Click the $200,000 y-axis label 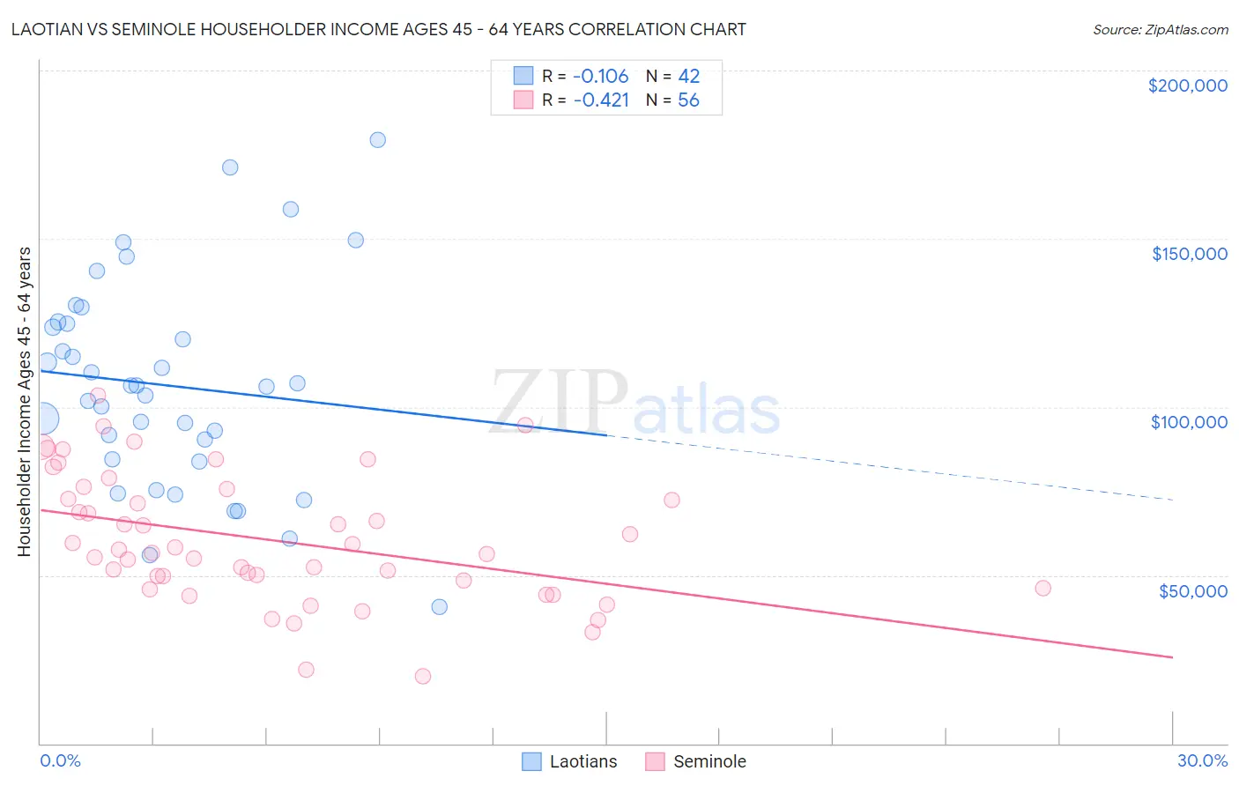pyautogui.click(x=1187, y=85)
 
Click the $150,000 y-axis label pyautogui.click(x=1189, y=254)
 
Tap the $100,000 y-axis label pyautogui.click(x=1189, y=422)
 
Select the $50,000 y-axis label pyautogui.click(x=1192, y=590)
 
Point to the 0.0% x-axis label pyautogui.click(x=60, y=760)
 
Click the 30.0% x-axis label pyautogui.click(x=1202, y=760)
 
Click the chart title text pyautogui.click(x=378, y=29)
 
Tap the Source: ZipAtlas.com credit pyautogui.click(x=1160, y=29)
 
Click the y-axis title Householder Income pyautogui.click(x=24, y=401)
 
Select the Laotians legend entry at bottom pyautogui.click(x=569, y=761)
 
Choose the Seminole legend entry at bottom pyautogui.click(x=695, y=761)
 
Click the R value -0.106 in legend pyautogui.click(x=600, y=76)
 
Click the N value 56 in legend pyautogui.click(x=688, y=100)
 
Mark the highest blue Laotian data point pyautogui.click(x=377, y=139)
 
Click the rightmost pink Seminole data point pyautogui.click(x=1042, y=588)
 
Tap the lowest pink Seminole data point pyautogui.click(x=422, y=676)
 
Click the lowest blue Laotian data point pyautogui.click(x=439, y=606)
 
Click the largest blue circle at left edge pyautogui.click(x=41, y=419)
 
